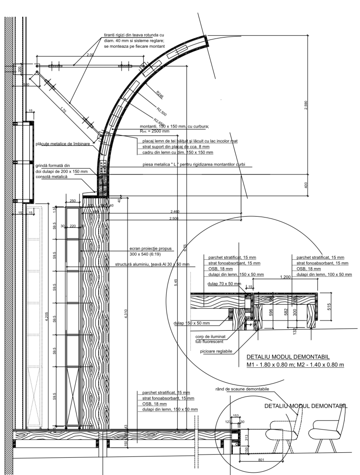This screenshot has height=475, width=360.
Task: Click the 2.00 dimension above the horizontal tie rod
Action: click(90, 55)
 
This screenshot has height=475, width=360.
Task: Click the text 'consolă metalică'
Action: click(51, 177)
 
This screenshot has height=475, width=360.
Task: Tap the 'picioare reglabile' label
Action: click(217, 351)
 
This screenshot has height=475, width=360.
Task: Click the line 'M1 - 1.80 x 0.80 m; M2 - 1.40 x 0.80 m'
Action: click(295, 365)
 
